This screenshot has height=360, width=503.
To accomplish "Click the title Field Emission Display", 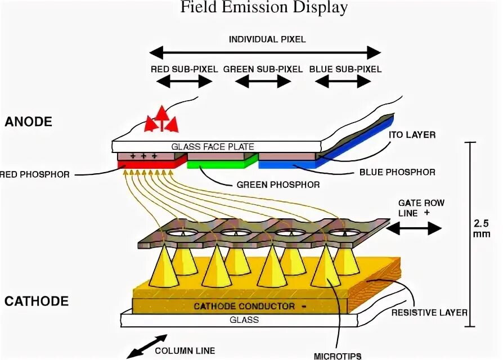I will point(263,8).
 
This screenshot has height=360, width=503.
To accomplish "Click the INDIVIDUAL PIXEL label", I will point(267,39).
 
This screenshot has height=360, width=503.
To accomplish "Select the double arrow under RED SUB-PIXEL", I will point(184,82).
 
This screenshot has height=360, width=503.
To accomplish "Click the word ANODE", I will point(28,121).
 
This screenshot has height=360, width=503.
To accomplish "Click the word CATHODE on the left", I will point(37,301).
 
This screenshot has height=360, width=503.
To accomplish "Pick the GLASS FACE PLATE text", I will point(213,147).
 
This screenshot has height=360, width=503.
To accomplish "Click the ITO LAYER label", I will point(412,135).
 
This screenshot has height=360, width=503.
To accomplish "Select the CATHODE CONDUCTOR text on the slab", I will point(244,307).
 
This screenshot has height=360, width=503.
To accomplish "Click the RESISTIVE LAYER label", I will point(430,312).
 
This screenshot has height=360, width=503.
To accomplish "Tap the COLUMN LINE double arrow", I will point(146,346).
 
